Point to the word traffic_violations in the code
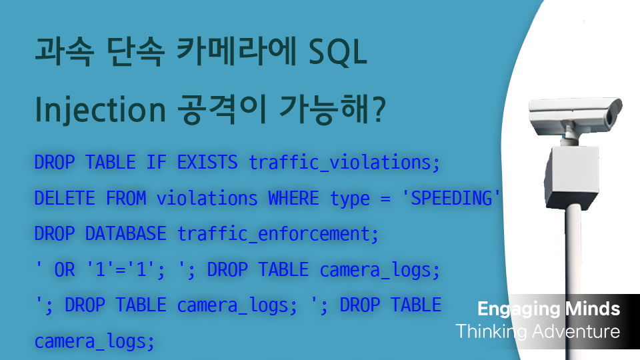345,162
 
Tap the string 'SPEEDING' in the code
456,198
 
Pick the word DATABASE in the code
126,234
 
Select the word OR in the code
65,270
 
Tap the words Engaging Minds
549,309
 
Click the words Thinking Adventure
537,331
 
